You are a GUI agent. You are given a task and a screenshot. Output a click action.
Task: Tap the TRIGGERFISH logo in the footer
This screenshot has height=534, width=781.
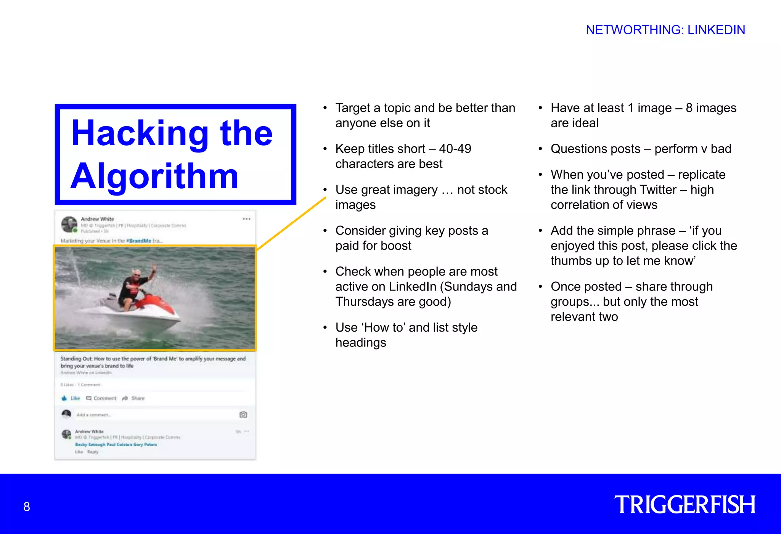[685, 505]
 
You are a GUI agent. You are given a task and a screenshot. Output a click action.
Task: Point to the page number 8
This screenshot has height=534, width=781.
[27, 507]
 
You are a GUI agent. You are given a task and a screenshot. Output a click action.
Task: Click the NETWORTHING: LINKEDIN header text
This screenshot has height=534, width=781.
[665, 30]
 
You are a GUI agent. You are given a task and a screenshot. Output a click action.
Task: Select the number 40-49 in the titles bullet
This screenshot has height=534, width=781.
[455, 149]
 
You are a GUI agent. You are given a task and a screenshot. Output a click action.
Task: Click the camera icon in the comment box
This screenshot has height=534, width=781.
[243, 415]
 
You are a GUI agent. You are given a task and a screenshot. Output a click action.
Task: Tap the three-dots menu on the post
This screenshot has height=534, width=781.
[246, 219]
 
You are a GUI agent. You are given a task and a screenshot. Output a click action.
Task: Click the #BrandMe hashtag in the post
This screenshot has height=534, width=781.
[138, 241]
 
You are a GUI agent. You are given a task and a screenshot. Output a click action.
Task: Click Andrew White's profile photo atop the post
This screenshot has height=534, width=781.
[69, 224]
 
